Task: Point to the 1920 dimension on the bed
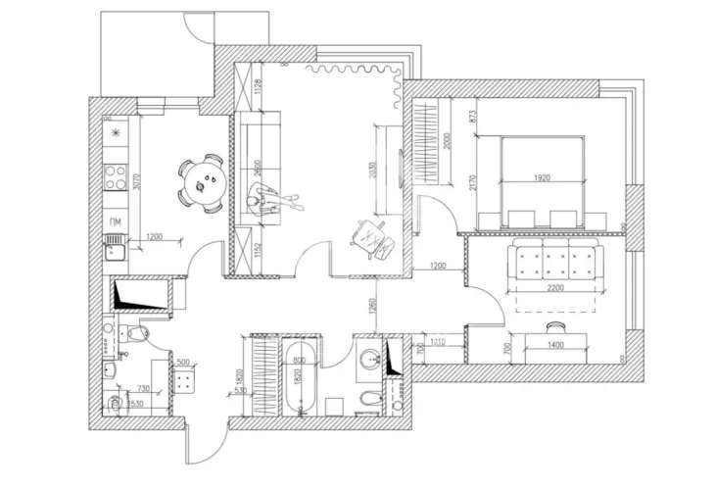click(x=546, y=178)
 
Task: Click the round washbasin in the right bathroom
click(x=368, y=357)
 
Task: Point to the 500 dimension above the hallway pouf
click(x=183, y=362)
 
